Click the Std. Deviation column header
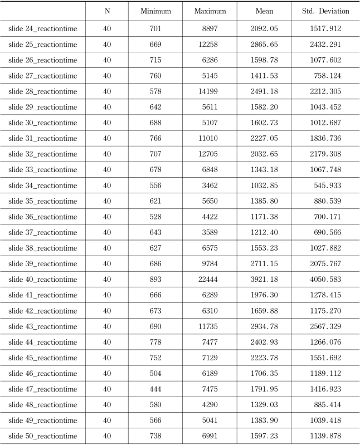325,11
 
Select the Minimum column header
155,11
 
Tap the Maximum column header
210,11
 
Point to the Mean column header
264,11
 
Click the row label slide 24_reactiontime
43,28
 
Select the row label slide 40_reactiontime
43,279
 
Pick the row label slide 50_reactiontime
43,436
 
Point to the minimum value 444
155,389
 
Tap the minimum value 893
155,279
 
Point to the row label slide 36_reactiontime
43,217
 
